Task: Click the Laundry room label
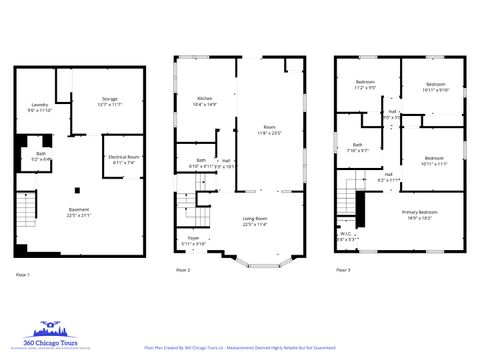(x=40, y=106)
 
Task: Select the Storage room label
(x=110, y=101)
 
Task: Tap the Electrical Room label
(x=123, y=159)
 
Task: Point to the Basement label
(x=79, y=211)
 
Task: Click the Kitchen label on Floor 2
(x=205, y=100)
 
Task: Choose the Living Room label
(x=254, y=221)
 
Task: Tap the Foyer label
(x=194, y=240)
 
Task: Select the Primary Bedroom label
(x=419, y=214)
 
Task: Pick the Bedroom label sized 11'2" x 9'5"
(x=365, y=85)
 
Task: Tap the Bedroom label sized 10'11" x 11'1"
(x=433, y=160)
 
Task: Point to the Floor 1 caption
(x=23, y=273)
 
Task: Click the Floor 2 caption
(x=182, y=270)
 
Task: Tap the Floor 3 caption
(x=342, y=270)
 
